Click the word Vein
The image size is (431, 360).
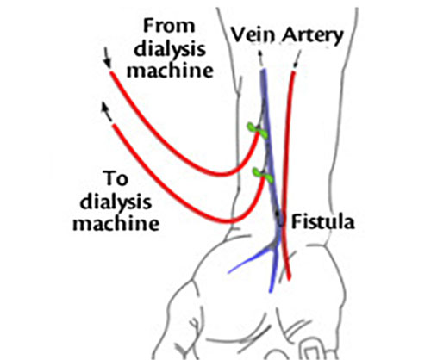pyautogui.click(x=253, y=35)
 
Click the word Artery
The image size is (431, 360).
pyautogui.click(x=313, y=36)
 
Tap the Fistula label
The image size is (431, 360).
pyautogui.click(x=323, y=222)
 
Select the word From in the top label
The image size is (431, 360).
pyautogui.click(x=169, y=26)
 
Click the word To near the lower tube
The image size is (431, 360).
pyautogui.click(x=116, y=178)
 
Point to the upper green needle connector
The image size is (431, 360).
pyautogui.click(x=258, y=130)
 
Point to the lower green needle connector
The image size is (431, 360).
pyautogui.click(x=262, y=175)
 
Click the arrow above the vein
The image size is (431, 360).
pyautogui.click(x=260, y=59)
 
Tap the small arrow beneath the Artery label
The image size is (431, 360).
pyautogui.click(x=297, y=59)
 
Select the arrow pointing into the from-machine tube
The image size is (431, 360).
pyautogui.click(x=107, y=58)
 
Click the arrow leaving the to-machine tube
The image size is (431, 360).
pyautogui.click(x=106, y=113)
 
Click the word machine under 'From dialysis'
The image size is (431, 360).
pyautogui.click(x=170, y=71)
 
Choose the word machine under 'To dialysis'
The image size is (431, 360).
pyautogui.click(x=116, y=223)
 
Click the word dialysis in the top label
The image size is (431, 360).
pyautogui.click(x=170, y=50)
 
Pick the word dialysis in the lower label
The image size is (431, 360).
pyautogui.click(x=116, y=202)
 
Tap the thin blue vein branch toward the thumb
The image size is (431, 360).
pyautogui.click(x=249, y=260)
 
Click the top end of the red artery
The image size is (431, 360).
pyautogui.click(x=293, y=71)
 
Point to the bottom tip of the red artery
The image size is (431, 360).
pyautogui.click(x=290, y=278)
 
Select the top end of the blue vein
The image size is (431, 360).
pyautogui.click(x=263, y=71)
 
